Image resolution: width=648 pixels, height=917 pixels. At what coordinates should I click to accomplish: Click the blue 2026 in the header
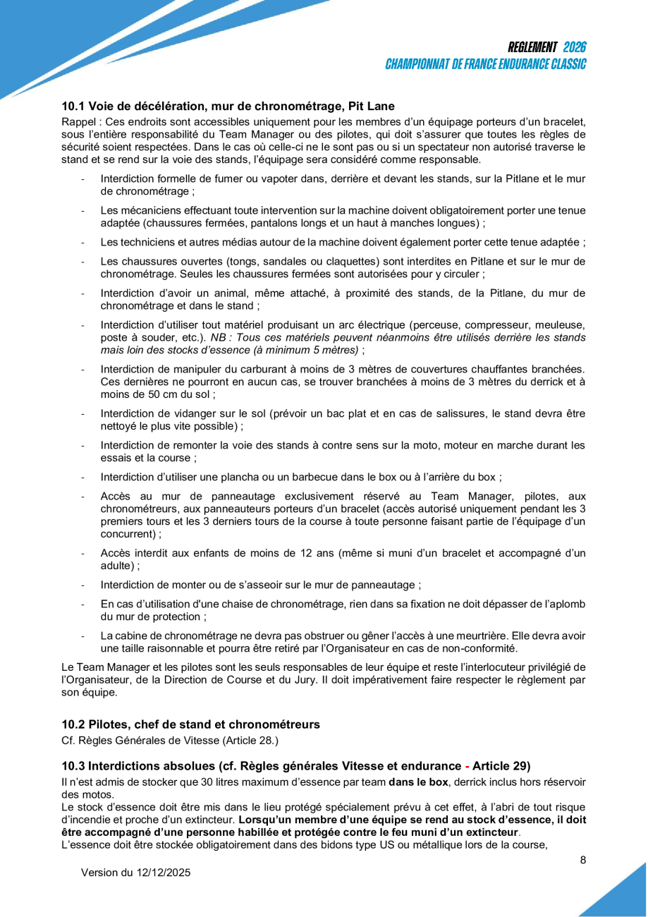pyautogui.click(x=575, y=48)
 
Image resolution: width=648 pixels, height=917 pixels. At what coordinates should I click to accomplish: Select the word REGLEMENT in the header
pyautogui.click(x=532, y=48)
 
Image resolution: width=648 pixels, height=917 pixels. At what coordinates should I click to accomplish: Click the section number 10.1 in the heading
pyautogui.click(x=73, y=107)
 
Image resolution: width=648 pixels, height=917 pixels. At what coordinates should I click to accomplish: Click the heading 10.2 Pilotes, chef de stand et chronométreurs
pyautogui.click(x=190, y=724)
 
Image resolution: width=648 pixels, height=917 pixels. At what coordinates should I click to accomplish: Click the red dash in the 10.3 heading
pyautogui.click(x=465, y=766)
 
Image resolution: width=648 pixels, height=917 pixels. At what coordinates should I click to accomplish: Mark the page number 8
pyautogui.click(x=582, y=860)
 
